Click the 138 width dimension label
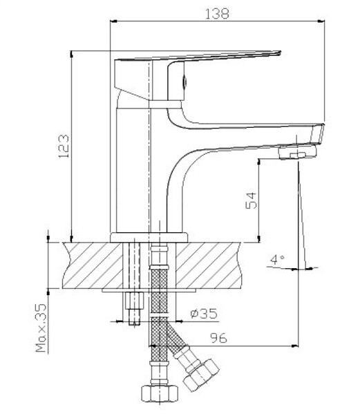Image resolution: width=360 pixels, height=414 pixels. (x=217, y=14)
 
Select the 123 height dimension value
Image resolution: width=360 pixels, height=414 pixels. (x=64, y=147)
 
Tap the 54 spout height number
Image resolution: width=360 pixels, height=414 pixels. (x=251, y=200)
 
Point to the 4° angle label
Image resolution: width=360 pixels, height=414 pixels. (x=277, y=260)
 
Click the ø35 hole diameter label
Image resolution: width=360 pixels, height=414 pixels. (x=204, y=313)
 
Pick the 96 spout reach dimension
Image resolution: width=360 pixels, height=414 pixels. (x=218, y=338)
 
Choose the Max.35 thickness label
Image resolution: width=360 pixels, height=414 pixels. (x=41, y=328)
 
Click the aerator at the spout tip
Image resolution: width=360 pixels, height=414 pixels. (x=298, y=152)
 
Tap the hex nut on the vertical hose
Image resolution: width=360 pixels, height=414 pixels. (x=160, y=393)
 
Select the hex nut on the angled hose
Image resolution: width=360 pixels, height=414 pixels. (x=201, y=375)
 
